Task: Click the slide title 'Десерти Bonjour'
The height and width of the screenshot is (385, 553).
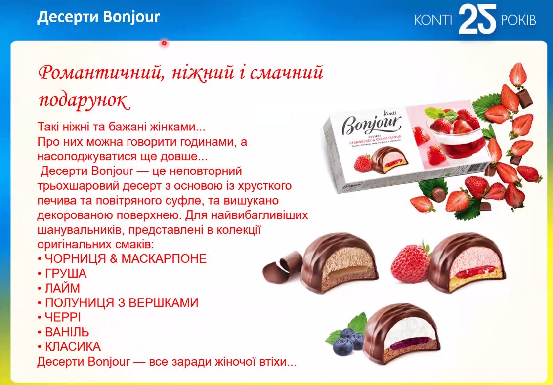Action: [98, 17]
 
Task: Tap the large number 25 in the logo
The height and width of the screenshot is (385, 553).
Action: [477, 19]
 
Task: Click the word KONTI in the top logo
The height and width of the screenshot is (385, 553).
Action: [433, 20]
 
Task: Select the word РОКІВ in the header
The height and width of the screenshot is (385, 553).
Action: [518, 20]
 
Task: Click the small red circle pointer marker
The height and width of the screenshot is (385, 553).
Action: [164, 43]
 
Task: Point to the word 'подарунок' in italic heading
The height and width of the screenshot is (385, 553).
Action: [85, 100]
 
